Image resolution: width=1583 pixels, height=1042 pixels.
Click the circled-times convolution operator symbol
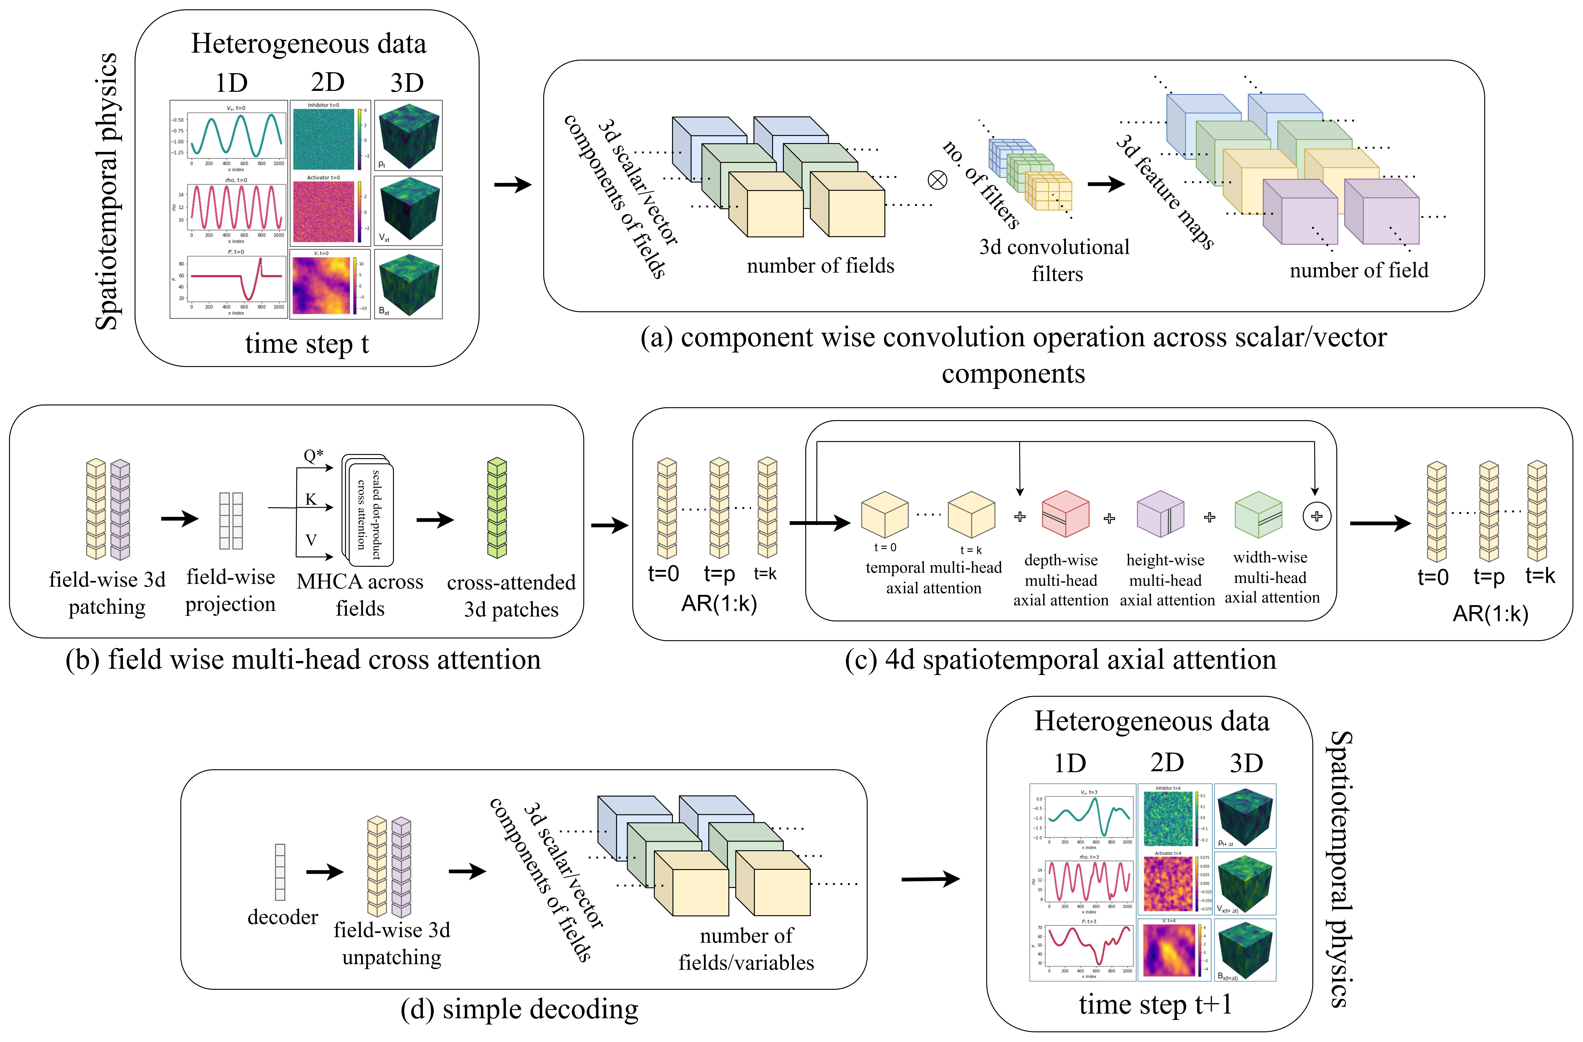point(937,180)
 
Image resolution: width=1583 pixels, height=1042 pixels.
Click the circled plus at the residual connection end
point(1316,516)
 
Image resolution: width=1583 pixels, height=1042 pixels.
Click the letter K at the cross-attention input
point(311,499)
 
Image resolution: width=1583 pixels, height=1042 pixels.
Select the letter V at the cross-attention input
point(311,540)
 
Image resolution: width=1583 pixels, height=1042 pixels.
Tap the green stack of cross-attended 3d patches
point(497,508)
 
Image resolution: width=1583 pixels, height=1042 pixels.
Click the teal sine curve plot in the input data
point(237,136)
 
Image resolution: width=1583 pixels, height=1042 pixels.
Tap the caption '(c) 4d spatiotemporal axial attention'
point(1060,659)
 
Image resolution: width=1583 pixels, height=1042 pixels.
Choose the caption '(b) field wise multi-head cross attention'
point(303,659)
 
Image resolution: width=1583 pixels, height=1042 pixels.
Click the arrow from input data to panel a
point(513,184)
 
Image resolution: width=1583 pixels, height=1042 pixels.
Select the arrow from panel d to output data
point(930,880)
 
